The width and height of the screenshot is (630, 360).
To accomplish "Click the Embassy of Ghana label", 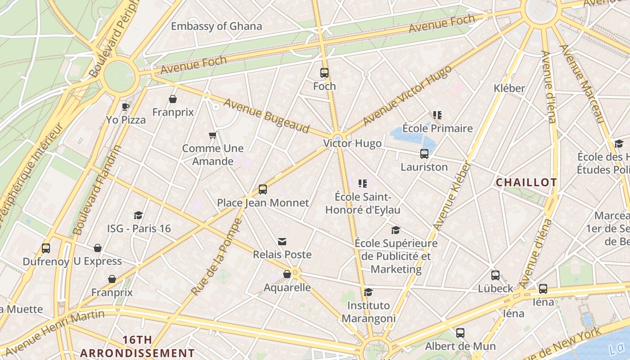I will (x=216, y=26).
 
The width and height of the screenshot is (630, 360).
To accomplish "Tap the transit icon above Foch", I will (x=324, y=73).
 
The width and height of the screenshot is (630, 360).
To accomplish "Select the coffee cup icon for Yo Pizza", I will (x=126, y=107).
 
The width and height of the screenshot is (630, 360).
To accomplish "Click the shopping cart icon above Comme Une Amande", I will (x=212, y=135).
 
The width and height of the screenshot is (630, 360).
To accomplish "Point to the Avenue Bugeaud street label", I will (x=266, y=116).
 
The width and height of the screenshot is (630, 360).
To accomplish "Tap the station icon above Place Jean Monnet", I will (x=263, y=189).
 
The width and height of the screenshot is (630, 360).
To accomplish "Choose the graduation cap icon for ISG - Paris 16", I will (x=139, y=216).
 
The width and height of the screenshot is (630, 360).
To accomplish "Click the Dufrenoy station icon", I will (x=46, y=248).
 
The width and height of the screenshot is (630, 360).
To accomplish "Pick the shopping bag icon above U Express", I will (x=98, y=248).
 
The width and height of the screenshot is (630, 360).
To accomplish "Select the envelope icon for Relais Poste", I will (x=282, y=242).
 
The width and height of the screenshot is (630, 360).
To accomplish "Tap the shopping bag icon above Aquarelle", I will (x=287, y=274).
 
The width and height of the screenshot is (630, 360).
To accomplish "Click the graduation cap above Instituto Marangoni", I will (x=368, y=292).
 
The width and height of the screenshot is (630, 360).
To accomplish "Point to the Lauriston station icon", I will (x=424, y=154).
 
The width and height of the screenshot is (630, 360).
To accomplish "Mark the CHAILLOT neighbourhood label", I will (x=526, y=182).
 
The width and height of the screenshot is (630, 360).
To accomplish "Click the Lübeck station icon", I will (x=495, y=275).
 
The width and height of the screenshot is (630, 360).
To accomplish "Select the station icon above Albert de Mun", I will (x=460, y=333).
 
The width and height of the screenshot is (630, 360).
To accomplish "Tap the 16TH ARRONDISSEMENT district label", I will (x=138, y=346).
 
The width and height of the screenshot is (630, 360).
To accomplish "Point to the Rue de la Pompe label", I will (x=216, y=257).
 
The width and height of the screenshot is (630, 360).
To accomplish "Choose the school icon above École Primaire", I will (x=437, y=115).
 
